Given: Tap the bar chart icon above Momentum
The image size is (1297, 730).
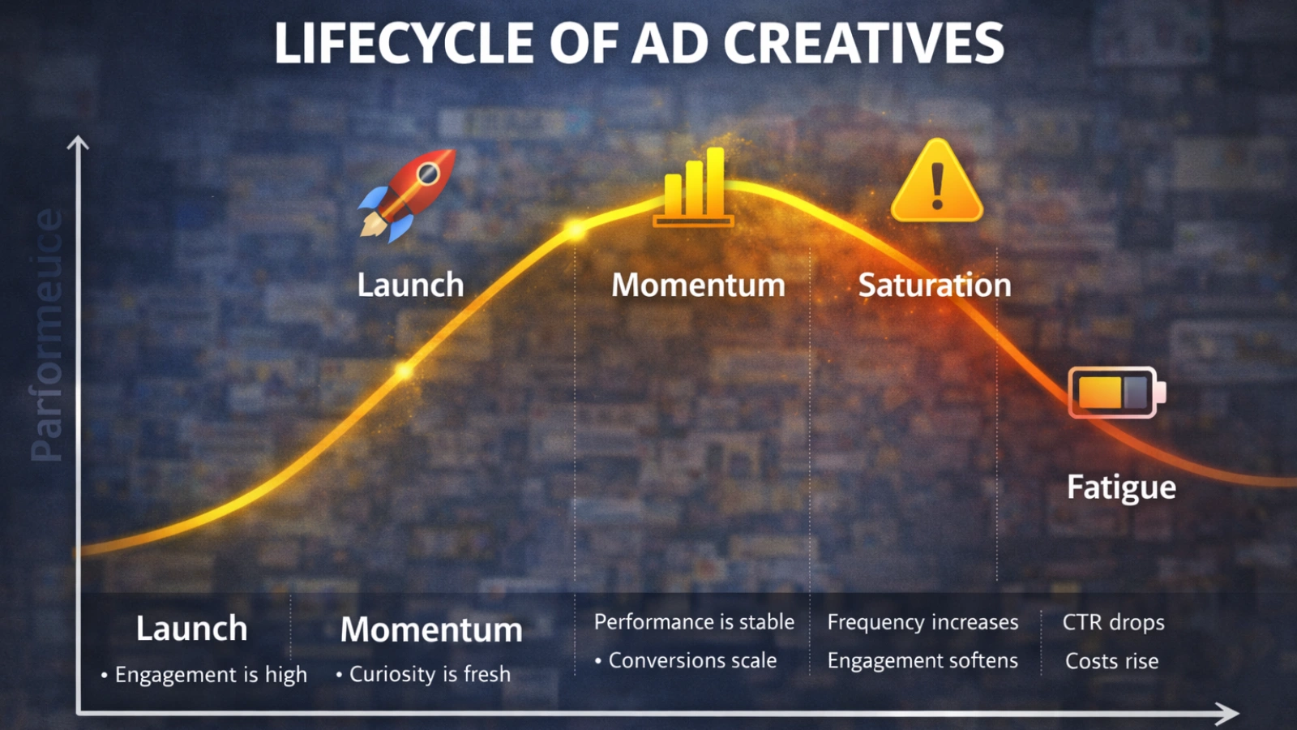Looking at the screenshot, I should point(694,188).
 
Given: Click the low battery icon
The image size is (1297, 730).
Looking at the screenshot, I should point(1116,392).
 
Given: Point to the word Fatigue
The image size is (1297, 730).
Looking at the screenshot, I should point(1121,487).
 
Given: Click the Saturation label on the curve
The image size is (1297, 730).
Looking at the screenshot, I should point(935,286).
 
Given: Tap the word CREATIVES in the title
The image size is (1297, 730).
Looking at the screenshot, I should point(863,44).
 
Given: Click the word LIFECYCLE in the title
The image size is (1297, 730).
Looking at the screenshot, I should point(404,44).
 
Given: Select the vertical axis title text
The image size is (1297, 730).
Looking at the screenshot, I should point(47,335).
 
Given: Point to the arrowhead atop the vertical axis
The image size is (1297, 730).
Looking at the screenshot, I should point(78,145).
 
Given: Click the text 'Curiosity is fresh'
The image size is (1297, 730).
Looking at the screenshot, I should point(430,674).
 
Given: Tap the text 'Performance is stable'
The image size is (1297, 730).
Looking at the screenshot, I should point(694,622).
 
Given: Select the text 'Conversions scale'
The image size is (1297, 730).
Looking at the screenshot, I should point(692,661).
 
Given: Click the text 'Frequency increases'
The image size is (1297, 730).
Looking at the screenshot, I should point(922,622).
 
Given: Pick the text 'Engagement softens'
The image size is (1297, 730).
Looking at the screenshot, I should point(922,661).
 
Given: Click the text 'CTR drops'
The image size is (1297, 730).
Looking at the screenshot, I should point(1113,622).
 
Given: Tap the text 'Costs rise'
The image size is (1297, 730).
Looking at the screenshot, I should point(1111,661).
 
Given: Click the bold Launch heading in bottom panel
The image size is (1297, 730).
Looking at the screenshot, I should point(191,629).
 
